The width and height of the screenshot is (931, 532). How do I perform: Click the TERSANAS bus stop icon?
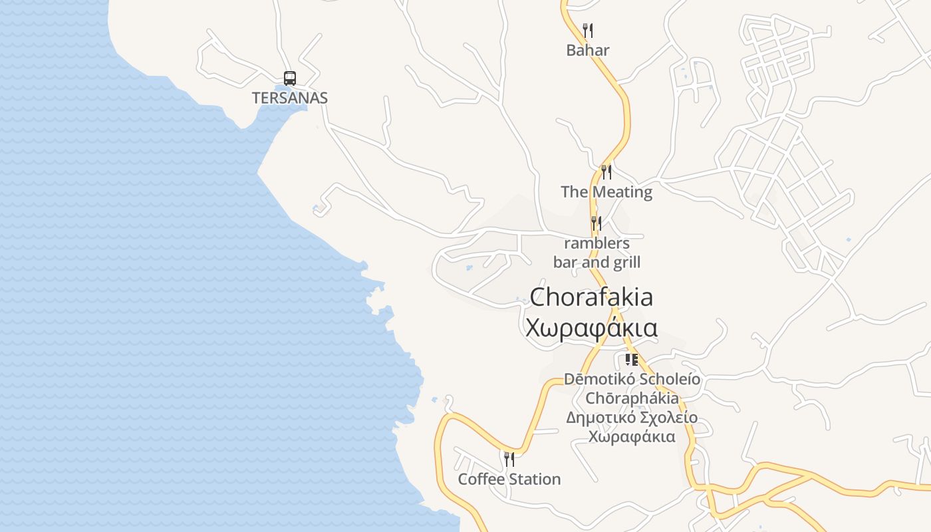(x=289, y=78)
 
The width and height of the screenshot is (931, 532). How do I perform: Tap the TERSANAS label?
(x=289, y=98)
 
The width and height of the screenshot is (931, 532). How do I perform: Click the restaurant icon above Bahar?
(x=587, y=31)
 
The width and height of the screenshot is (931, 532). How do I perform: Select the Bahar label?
(x=588, y=50)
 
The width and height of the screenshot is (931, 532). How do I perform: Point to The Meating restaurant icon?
(x=606, y=172)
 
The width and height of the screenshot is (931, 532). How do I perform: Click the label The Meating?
(x=606, y=192)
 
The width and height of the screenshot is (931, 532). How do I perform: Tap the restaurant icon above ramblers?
(x=596, y=223)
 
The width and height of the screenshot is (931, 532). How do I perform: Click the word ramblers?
(x=597, y=243)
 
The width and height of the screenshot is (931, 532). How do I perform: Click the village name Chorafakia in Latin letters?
(x=591, y=297)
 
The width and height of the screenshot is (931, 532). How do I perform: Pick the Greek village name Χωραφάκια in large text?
(x=591, y=328)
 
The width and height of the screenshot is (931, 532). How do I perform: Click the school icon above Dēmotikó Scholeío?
(x=631, y=360)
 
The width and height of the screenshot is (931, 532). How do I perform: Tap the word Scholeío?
(x=670, y=379)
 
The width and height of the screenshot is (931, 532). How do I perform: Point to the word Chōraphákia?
(x=632, y=398)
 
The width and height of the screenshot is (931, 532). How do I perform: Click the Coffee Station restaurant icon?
(x=509, y=459)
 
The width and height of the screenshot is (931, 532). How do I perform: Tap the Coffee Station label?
(x=509, y=479)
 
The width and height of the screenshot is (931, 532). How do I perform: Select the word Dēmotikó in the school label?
(x=599, y=379)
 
